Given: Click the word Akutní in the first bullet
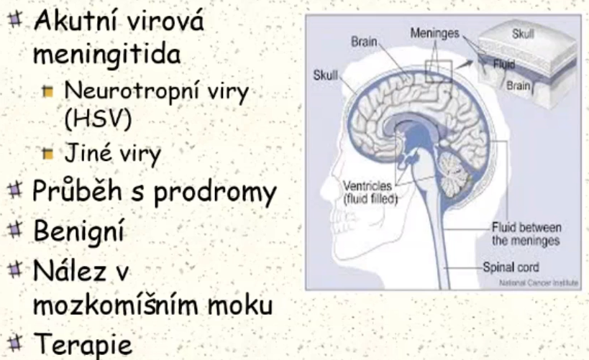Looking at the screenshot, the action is [x=76, y=20].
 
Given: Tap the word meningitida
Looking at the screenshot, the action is [x=107, y=55].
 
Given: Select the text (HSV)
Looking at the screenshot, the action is [x=98, y=119].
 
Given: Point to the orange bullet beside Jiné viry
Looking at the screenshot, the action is [x=47, y=154].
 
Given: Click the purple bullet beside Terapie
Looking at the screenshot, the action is [x=15, y=342].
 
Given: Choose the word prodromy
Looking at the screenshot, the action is [x=215, y=192].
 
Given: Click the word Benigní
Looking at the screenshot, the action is [x=79, y=231].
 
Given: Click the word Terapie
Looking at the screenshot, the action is [x=83, y=343].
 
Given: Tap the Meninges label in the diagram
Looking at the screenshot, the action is [x=434, y=33].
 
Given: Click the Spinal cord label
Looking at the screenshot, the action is [x=511, y=267].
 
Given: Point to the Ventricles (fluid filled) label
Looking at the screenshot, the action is [x=370, y=192].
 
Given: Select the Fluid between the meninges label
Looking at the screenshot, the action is [x=526, y=234].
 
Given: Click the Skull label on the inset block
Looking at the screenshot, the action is [x=523, y=34].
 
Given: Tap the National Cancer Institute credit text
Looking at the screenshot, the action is [x=539, y=282].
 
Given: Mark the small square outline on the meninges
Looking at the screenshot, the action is [x=439, y=71].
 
